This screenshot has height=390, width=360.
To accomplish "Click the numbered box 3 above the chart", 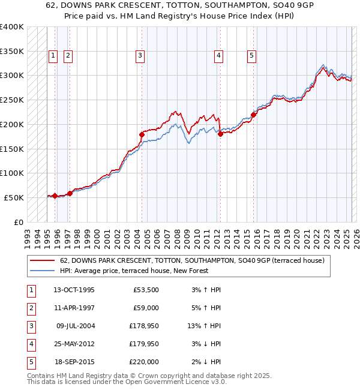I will tap(140, 56).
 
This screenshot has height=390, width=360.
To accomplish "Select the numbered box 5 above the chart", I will tap(251, 56).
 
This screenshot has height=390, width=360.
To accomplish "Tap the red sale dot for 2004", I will tap(142, 134).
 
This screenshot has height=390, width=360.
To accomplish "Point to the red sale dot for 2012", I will tap(220, 134).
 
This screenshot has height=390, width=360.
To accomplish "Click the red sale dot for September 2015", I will tap(253, 114).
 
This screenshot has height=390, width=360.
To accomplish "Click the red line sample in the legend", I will tap(43, 260).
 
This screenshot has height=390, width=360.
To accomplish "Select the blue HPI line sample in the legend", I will tap(43, 271).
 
